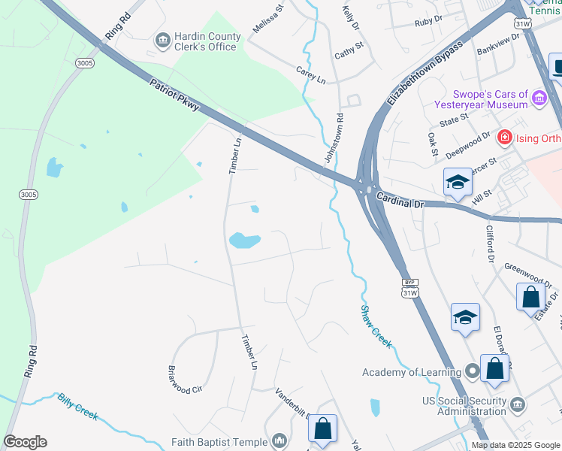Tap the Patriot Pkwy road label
174,95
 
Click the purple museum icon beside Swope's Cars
539,98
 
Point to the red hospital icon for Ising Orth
504,137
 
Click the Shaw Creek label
376,325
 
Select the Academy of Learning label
411,372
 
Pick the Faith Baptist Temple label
219,441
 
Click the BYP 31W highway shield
409,287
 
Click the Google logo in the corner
25,442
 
